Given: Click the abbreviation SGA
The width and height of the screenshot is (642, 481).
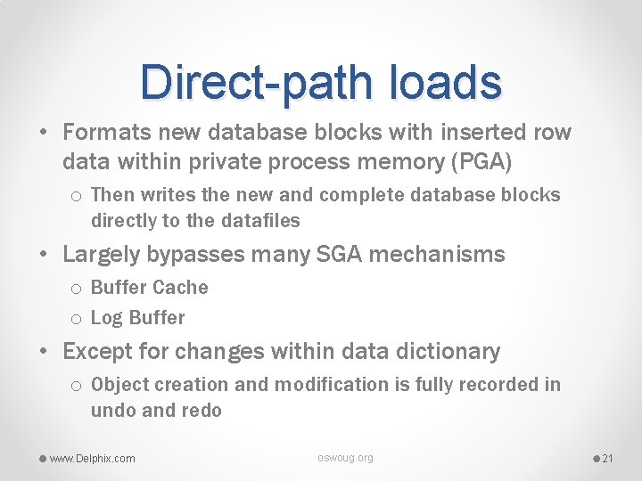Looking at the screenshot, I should coord(340,255).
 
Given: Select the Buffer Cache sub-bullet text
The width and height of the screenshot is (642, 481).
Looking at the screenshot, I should coord(149,288).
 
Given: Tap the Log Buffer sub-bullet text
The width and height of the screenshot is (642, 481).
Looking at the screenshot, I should coord(137,318).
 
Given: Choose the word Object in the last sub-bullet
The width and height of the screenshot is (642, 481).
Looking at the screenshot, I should coord(121,385).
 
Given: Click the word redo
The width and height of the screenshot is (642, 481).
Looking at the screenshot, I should coord(203,411).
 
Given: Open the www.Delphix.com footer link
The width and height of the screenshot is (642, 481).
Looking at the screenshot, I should coord(92,459).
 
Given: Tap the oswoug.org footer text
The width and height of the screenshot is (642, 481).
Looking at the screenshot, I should coord(345,458).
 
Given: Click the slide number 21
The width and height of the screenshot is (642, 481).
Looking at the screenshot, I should coord(609,459).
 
